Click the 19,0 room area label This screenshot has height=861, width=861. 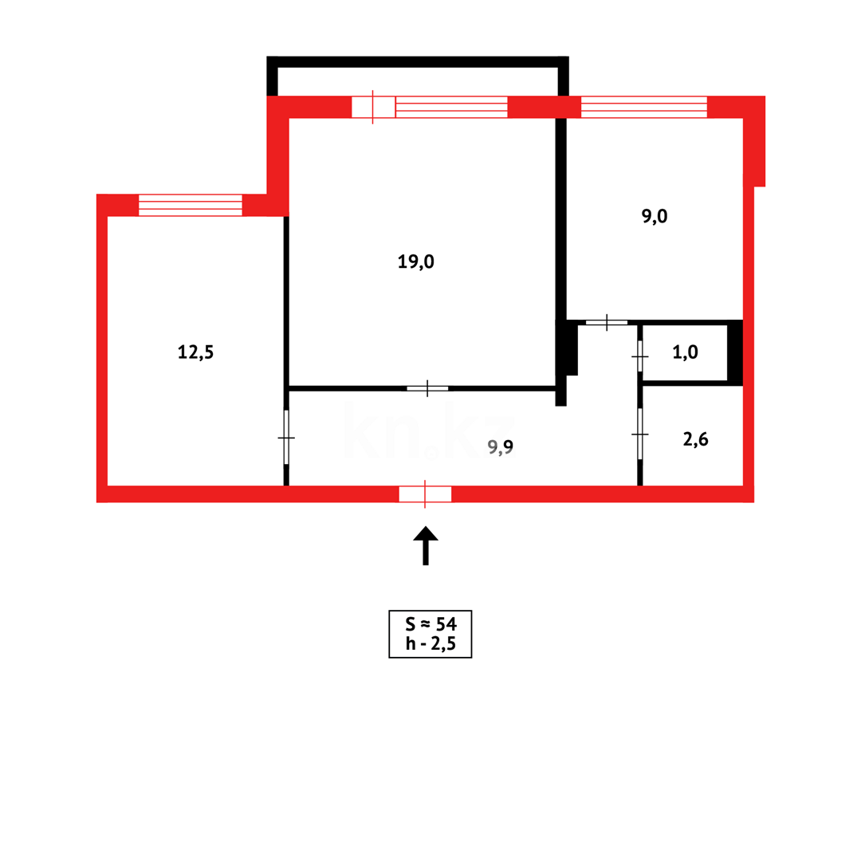[x=415, y=261]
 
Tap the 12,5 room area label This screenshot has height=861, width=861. [x=195, y=352]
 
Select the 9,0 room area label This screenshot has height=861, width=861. [x=655, y=216]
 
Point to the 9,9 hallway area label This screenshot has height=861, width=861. [x=500, y=447]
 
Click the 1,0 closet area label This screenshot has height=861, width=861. [x=685, y=352]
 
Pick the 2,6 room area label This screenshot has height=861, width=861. [x=695, y=438]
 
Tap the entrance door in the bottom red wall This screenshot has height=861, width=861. [x=425, y=493]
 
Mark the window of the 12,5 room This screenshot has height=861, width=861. [x=190, y=205]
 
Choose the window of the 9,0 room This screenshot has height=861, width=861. [x=643, y=107]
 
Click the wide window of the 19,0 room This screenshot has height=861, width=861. [x=451, y=107]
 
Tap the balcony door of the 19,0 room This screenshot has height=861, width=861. [x=373, y=107]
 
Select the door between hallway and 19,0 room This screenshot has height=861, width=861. [x=427, y=388]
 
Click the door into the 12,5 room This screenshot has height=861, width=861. [x=286, y=437]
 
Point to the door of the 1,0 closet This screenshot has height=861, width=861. [x=640, y=356]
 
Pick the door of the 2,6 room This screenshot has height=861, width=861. [x=640, y=434]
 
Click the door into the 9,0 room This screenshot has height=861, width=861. [x=607, y=322]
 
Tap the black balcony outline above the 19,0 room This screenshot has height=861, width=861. [x=417, y=61]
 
